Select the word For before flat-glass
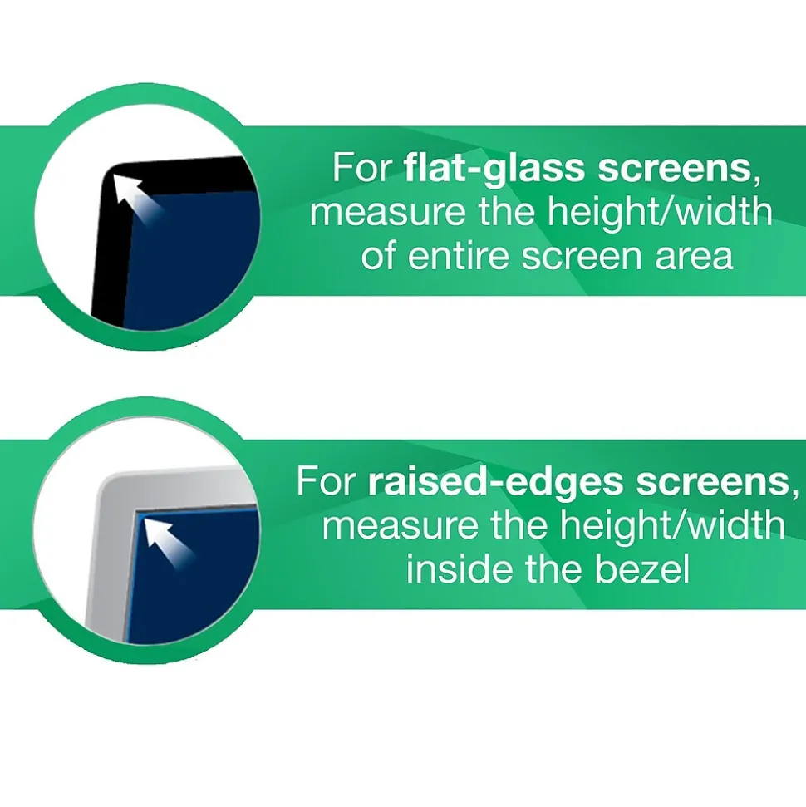(x=362, y=169)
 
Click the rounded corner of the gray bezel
(x=108, y=482)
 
